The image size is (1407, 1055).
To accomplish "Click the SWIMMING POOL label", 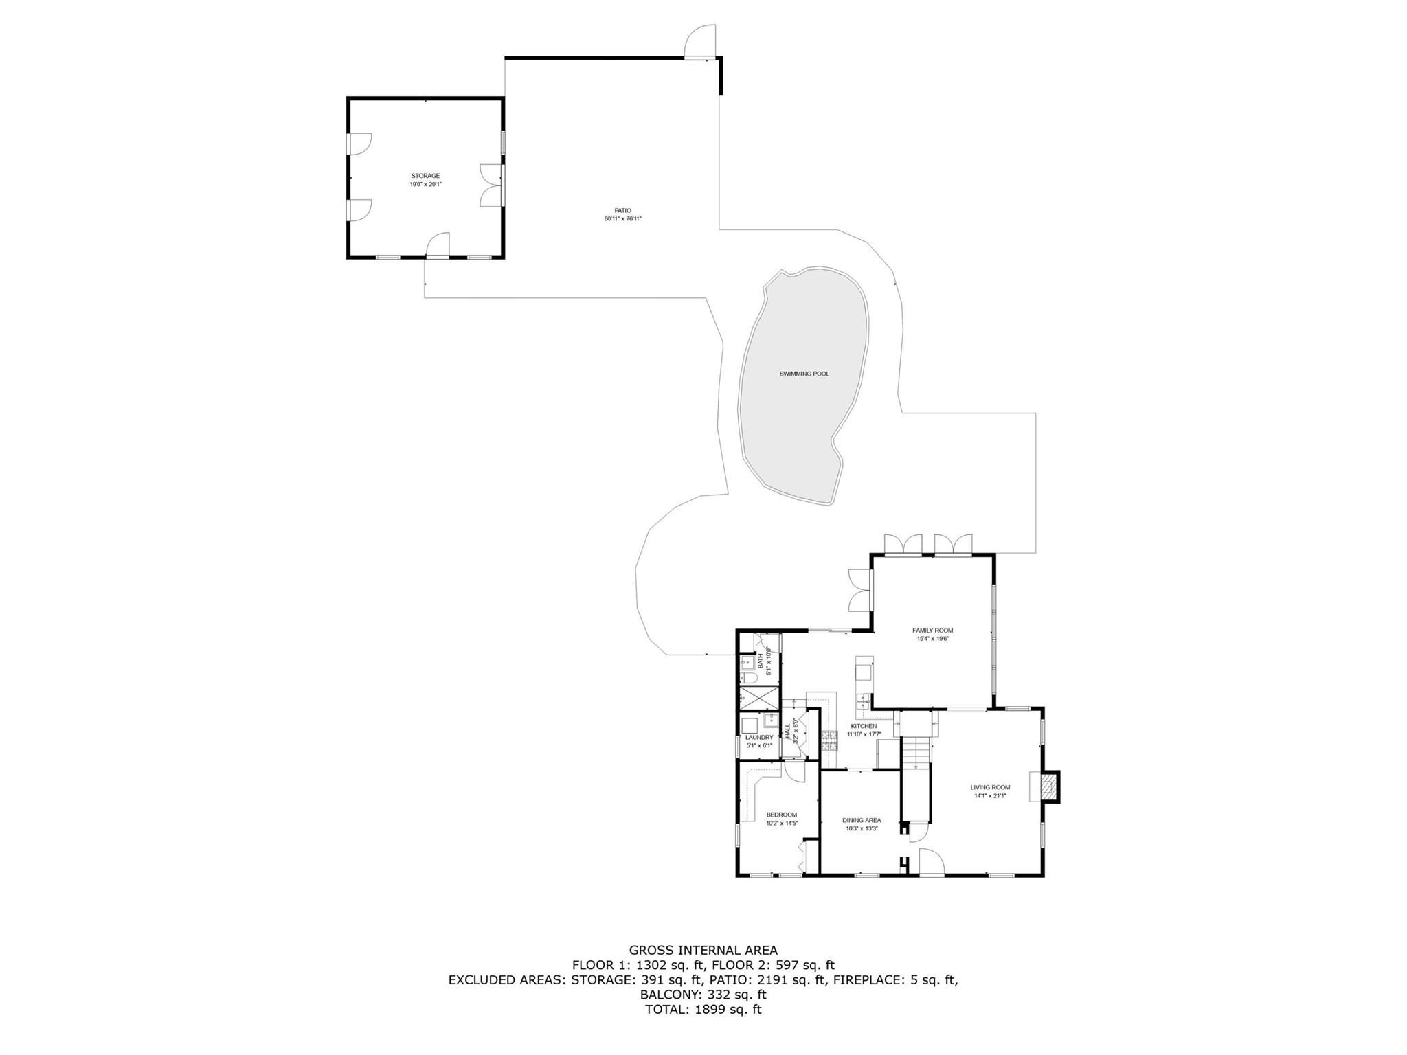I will [x=804, y=374].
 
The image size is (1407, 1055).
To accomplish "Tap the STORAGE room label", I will [x=425, y=176].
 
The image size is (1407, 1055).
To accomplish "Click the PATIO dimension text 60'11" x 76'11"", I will [x=622, y=219].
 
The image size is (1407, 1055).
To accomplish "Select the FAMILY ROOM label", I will [x=932, y=630].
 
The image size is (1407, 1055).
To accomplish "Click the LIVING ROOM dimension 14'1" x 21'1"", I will [x=990, y=796].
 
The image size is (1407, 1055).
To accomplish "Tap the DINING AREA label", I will [x=862, y=820].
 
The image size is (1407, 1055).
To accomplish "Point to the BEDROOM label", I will [x=781, y=815].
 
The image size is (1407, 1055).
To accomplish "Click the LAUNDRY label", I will [x=759, y=737].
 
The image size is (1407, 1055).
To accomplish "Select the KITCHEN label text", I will [x=864, y=726].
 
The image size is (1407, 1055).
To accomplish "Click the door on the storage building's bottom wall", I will [x=438, y=245].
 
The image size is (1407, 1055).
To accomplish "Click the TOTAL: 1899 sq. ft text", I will [x=703, y=1009].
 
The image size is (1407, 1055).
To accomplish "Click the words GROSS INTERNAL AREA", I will [x=703, y=951].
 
